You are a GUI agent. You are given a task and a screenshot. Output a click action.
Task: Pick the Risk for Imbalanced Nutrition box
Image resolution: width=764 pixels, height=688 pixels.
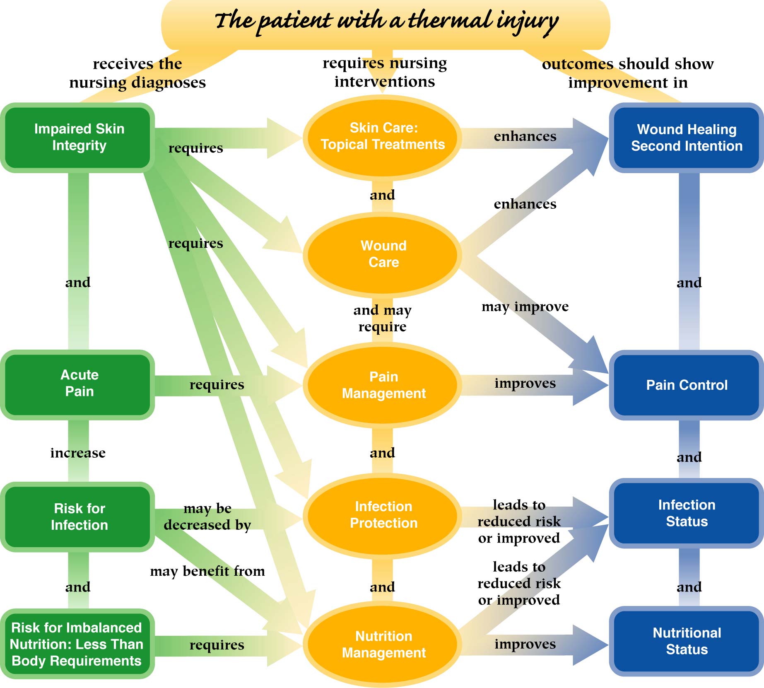(x=77, y=644)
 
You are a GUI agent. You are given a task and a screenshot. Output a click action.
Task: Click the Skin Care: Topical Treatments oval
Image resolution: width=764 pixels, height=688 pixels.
(x=383, y=137)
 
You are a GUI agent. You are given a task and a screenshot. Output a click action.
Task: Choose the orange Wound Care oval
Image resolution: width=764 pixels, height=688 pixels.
(x=383, y=254)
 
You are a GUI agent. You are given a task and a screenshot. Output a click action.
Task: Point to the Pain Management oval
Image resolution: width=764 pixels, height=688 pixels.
(x=383, y=385)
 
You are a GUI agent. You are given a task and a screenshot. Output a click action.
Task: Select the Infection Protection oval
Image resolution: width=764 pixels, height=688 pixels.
(x=383, y=515)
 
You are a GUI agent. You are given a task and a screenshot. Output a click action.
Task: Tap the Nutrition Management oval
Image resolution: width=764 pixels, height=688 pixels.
(x=383, y=644)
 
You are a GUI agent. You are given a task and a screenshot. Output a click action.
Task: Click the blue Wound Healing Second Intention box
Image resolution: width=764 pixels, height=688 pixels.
(x=686, y=138)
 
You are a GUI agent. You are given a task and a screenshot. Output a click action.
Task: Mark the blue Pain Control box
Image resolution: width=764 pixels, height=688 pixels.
(x=686, y=385)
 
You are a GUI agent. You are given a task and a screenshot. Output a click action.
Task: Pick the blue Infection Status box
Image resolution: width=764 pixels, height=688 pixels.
(x=686, y=513)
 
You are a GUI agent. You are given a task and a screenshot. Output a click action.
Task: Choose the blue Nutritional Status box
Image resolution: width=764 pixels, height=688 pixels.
(x=686, y=641)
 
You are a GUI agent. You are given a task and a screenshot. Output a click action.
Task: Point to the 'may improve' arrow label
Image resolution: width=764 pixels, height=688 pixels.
(x=525, y=307)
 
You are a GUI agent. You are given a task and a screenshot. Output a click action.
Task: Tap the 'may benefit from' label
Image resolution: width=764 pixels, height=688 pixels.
(x=207, y=571)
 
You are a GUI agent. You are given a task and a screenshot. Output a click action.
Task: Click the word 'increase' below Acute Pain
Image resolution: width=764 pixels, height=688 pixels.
(x=78, y=453)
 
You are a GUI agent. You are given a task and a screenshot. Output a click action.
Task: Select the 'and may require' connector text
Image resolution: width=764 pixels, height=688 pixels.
(x=382, y=318)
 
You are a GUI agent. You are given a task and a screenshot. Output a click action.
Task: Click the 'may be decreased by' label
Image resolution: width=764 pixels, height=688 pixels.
(x=207, y=517)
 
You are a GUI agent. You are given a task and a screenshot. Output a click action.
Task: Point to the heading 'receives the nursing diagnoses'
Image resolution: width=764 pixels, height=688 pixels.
(x=137, y=73)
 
